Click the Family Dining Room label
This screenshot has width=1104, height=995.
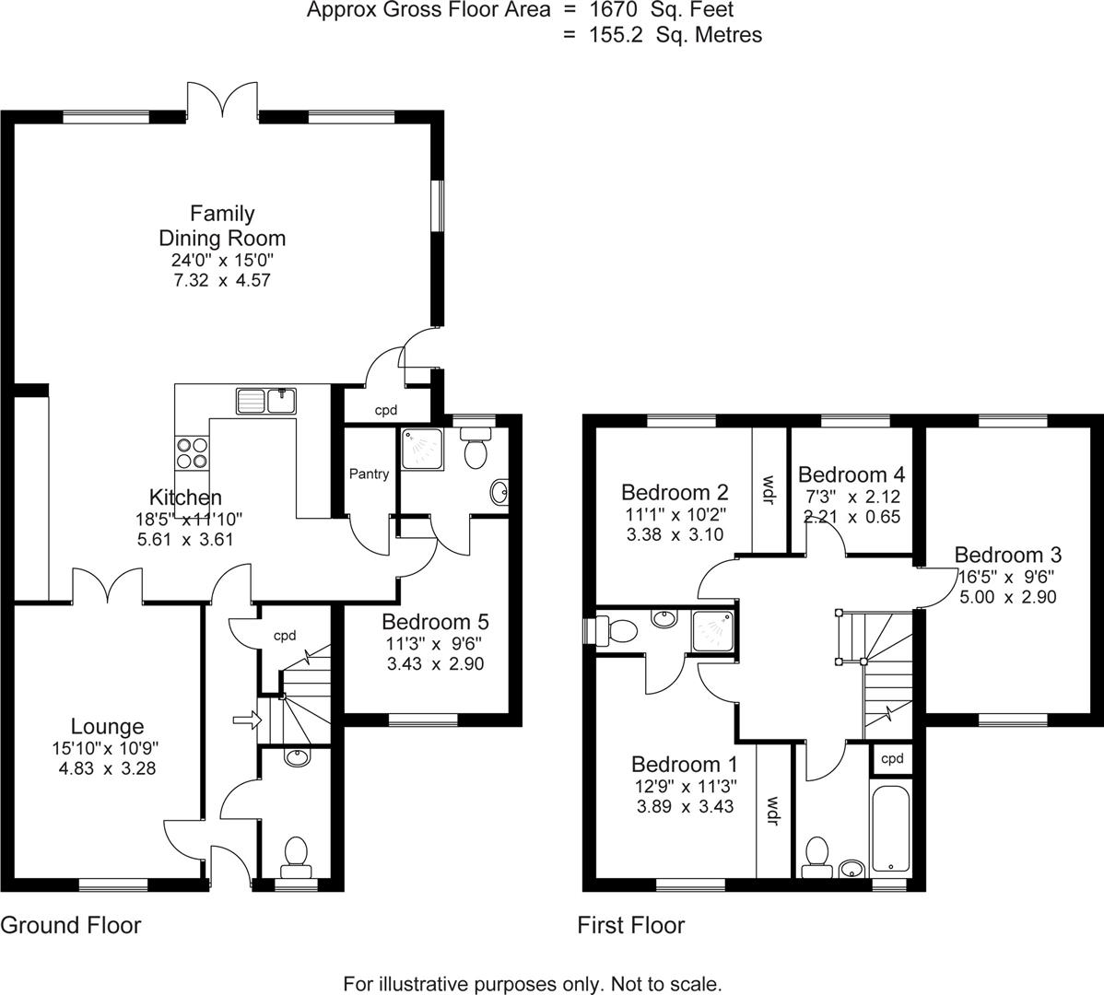tap(222, 226)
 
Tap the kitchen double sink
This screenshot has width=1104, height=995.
tap(266, 401)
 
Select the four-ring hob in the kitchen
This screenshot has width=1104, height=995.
tap(192, 452)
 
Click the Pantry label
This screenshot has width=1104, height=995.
tap(369, 474)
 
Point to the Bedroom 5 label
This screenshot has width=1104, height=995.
tap(435, 621)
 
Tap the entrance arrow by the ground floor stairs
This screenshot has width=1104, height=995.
tap(245, 720)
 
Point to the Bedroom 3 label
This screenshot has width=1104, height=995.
tap(1007, 555)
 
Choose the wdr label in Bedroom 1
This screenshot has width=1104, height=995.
tap(773, 811)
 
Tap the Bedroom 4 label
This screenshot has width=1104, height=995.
tap(851, 474)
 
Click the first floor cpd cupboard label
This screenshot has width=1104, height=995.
tap(892, 759)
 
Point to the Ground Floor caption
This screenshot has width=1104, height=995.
tap(71, 925)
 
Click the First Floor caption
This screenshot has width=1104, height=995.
tap(630, 925)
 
